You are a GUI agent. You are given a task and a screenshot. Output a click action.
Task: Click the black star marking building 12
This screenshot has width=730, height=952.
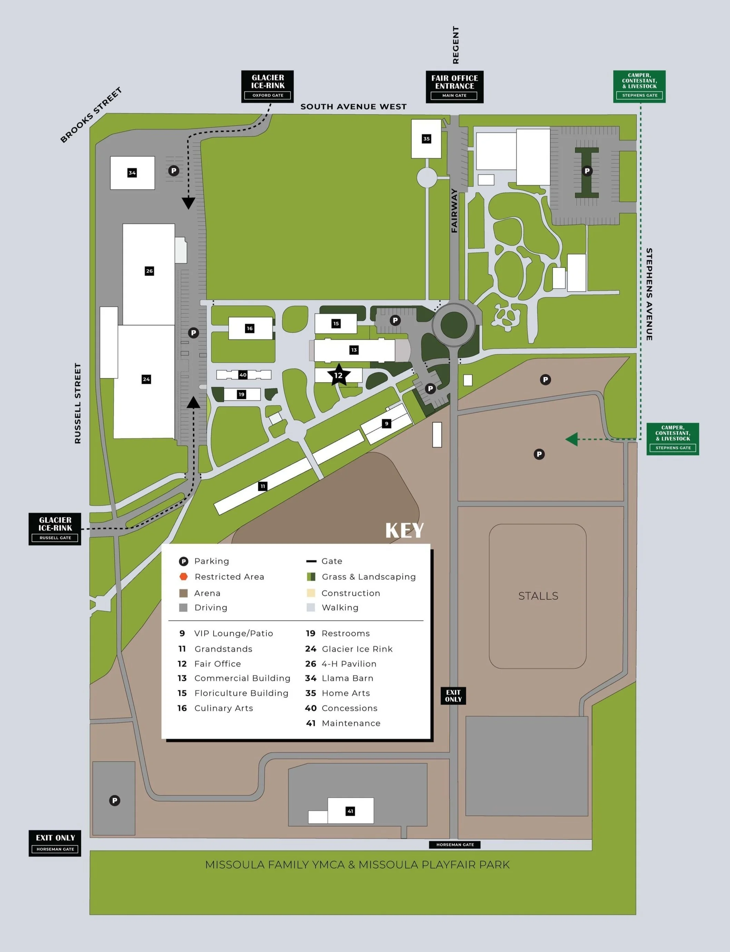pos(338,375)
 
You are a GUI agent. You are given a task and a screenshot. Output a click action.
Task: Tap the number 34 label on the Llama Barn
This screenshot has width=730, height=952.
pos(132,173)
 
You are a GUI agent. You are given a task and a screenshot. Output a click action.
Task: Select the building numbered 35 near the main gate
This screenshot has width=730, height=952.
pos(426,139)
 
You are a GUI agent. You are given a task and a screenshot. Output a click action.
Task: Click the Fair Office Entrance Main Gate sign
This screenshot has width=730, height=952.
pos(454,87)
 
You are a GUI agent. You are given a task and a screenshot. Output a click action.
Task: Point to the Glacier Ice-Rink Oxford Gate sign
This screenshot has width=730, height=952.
pos(268,87)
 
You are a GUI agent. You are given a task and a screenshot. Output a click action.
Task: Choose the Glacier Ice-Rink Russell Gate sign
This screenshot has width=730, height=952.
pos(55,528)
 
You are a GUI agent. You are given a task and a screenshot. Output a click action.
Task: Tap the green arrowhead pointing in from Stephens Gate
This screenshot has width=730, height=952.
pos(571,439)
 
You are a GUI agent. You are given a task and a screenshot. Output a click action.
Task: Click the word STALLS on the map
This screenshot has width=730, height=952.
pos(538,595)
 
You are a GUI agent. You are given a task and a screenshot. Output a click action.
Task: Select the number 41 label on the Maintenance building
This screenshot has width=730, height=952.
pos(350,811)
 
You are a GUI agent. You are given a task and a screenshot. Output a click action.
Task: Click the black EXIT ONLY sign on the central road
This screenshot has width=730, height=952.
pos(453,696)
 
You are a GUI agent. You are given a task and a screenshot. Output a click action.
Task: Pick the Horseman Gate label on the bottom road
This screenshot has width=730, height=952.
pos(455,845)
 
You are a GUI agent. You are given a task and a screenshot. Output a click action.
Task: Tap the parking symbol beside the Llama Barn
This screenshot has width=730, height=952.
pos(174,171)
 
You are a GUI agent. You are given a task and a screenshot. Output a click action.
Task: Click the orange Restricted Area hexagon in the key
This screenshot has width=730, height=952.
pos(184,576)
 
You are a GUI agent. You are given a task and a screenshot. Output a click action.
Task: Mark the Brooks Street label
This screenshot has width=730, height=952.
pos(91,115)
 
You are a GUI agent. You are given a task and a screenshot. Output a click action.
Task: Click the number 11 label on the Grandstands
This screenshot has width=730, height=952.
pos(263,486)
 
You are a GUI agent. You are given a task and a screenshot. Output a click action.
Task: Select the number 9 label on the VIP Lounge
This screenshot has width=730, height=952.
pos(386,424)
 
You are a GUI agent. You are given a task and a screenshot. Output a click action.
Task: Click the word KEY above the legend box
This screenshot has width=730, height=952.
pos(404,530)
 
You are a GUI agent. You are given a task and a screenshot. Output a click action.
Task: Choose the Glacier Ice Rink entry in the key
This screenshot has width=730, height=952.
pos(357,649)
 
